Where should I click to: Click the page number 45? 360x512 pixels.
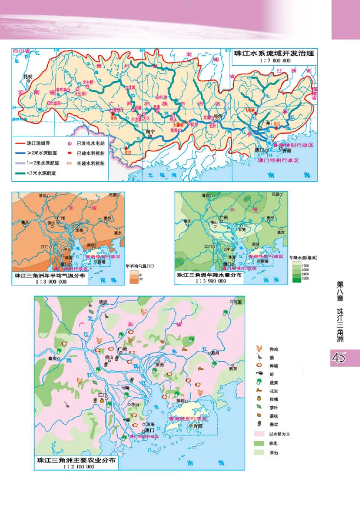(338, 358)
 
